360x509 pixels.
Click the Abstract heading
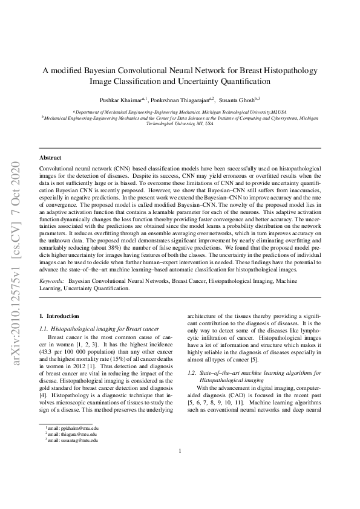pyautogui.click(x=50, y=157)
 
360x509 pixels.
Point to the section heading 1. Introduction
pyautogui.click(x=59, y=316)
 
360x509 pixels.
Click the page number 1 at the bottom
pyautogui.click(x=180, y=484)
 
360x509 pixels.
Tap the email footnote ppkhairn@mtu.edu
pyautogui.click(x=72, y=462)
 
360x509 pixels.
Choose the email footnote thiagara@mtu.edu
pyautogui.click(x=72, y=468)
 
